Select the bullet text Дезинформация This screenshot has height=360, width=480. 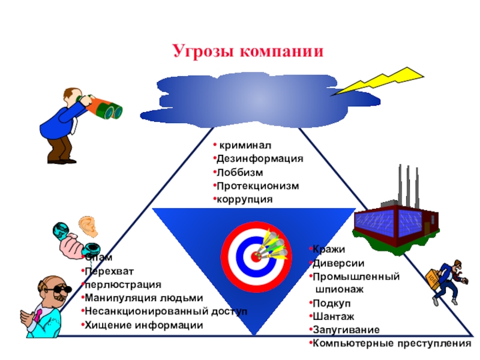(x=260, y=159)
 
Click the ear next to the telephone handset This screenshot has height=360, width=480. (x=89, y=226)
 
